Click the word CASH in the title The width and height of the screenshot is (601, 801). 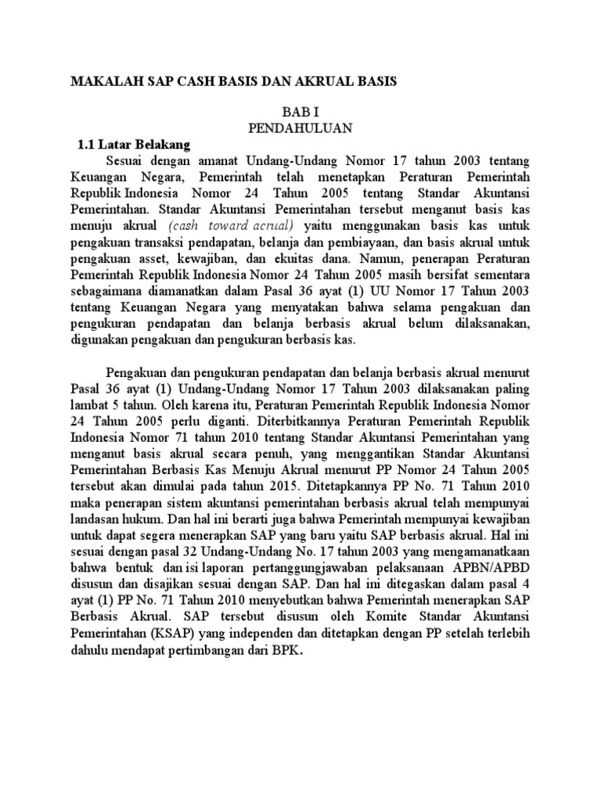pos(199,81)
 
